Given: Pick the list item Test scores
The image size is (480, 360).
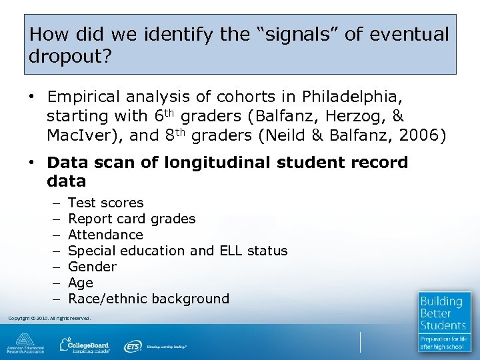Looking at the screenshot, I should coord(105,203).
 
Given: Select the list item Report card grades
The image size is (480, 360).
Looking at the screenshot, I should coord(131,219).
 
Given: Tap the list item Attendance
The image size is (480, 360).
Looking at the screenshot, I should coord(105,235).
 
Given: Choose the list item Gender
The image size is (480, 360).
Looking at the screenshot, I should coord(92,267).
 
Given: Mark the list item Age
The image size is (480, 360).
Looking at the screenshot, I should coord(81,283).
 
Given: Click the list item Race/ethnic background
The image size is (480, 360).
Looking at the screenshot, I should coord(148,299).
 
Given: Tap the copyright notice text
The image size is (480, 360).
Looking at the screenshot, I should coord(49,319).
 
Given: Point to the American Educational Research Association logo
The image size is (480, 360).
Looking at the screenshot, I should coord(25,343).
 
